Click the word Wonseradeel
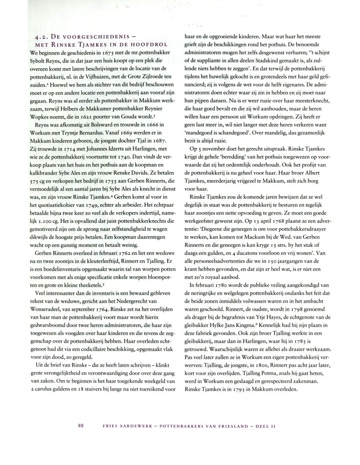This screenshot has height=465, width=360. [44, 299]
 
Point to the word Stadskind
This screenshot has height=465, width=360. [255, 69]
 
